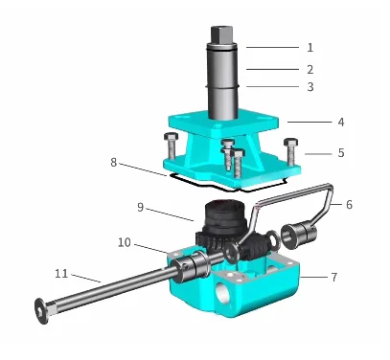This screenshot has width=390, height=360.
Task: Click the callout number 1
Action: click(310, 48)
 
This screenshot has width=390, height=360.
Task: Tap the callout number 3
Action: click(310, 87)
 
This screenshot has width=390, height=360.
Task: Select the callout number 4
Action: click(341, 122)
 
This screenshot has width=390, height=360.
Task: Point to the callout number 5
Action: click(341, 153)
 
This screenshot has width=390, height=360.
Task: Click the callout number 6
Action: click(349, 205)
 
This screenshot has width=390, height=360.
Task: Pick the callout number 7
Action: click(334, 277)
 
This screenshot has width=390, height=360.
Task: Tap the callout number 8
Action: click(114, 163)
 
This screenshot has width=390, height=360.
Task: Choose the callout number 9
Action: click(141, 207)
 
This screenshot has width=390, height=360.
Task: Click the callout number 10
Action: click(125, 242)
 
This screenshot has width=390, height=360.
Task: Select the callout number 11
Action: click(61, 274)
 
